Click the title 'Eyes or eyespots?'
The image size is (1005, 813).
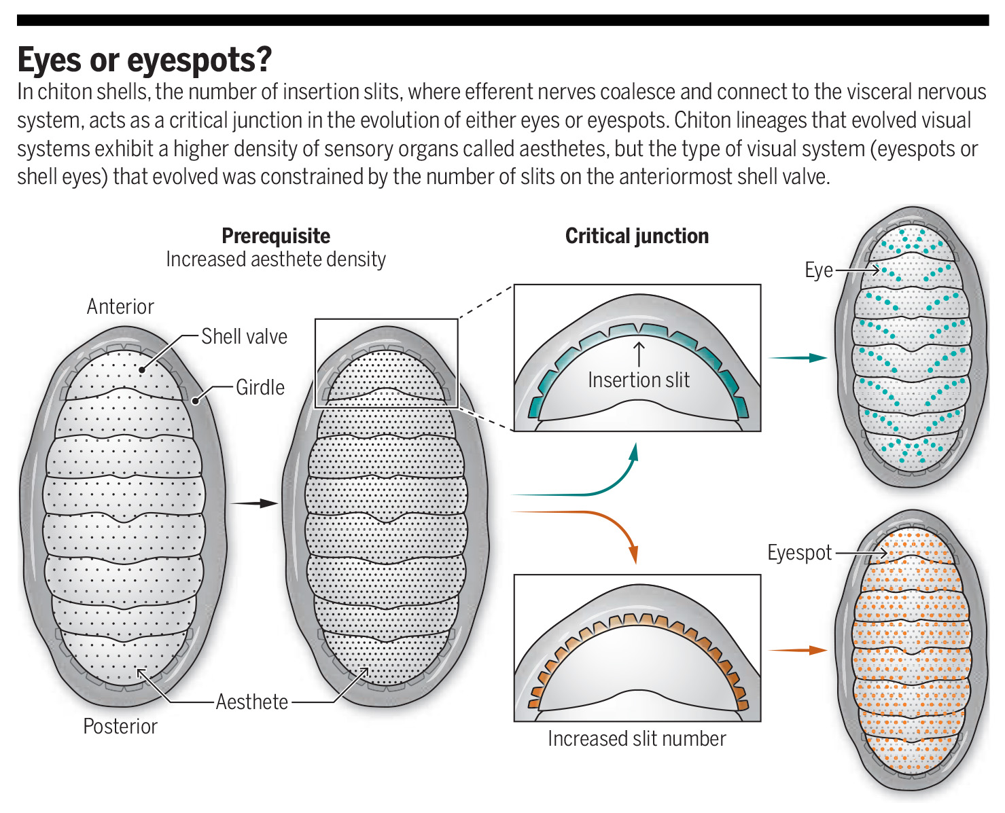(x=144, y=60)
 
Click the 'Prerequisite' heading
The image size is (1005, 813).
(x=276, y=236)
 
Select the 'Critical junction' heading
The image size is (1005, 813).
(x=637, y=236)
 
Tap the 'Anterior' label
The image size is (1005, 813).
(x=120, y=306)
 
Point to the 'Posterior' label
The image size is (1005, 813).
(x=120, y=726)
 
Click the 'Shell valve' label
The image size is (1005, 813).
(x=244, y=336)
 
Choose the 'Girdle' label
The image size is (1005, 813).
(x=260, y=387)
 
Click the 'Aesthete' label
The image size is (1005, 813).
(x=251, y=702)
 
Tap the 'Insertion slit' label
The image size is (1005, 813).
(x=638, y=380)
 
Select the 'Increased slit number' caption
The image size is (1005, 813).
(x=637, y=738)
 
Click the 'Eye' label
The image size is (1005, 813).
(x=818, y=270)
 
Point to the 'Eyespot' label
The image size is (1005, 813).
(x=799, y=552)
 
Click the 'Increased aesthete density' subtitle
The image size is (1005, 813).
(x=276, y=259)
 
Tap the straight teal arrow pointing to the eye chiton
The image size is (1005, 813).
(x=798, y=358)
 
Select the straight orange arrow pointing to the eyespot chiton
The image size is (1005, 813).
(x=798, y=650)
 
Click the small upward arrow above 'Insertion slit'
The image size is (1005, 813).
(x=638, y=354)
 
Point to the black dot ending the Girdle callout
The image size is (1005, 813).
(x=195, y=401)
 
